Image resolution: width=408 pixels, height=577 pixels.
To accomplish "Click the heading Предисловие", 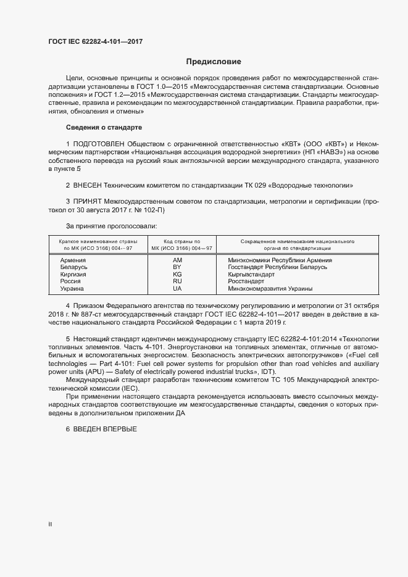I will (214, 62).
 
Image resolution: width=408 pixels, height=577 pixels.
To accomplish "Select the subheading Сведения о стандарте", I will (104, 127).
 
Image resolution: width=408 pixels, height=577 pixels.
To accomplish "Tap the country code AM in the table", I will (177, 260).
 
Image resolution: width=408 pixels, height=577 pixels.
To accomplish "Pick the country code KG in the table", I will (177, 274).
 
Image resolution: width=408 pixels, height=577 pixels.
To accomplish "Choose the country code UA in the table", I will (177, 288).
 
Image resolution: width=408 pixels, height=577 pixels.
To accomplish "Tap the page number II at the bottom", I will (50, 525).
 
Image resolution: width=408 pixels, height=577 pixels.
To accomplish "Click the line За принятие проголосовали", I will (106, 227).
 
